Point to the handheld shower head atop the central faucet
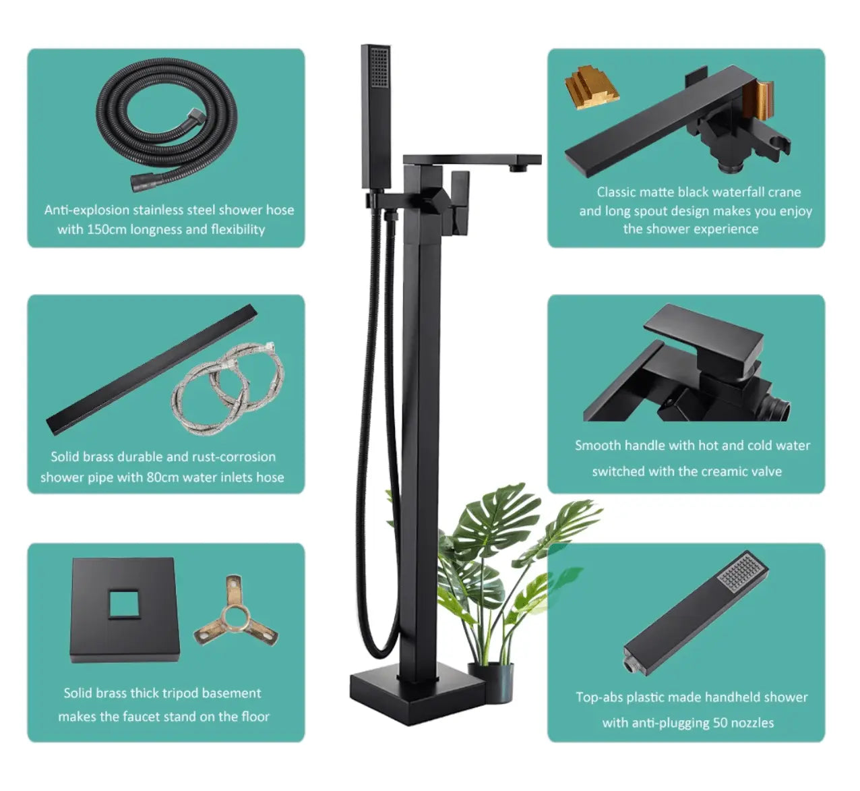[x=375, y=115]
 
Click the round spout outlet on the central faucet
[x=518, y=166]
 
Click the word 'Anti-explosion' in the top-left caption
[x=86, y=210]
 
